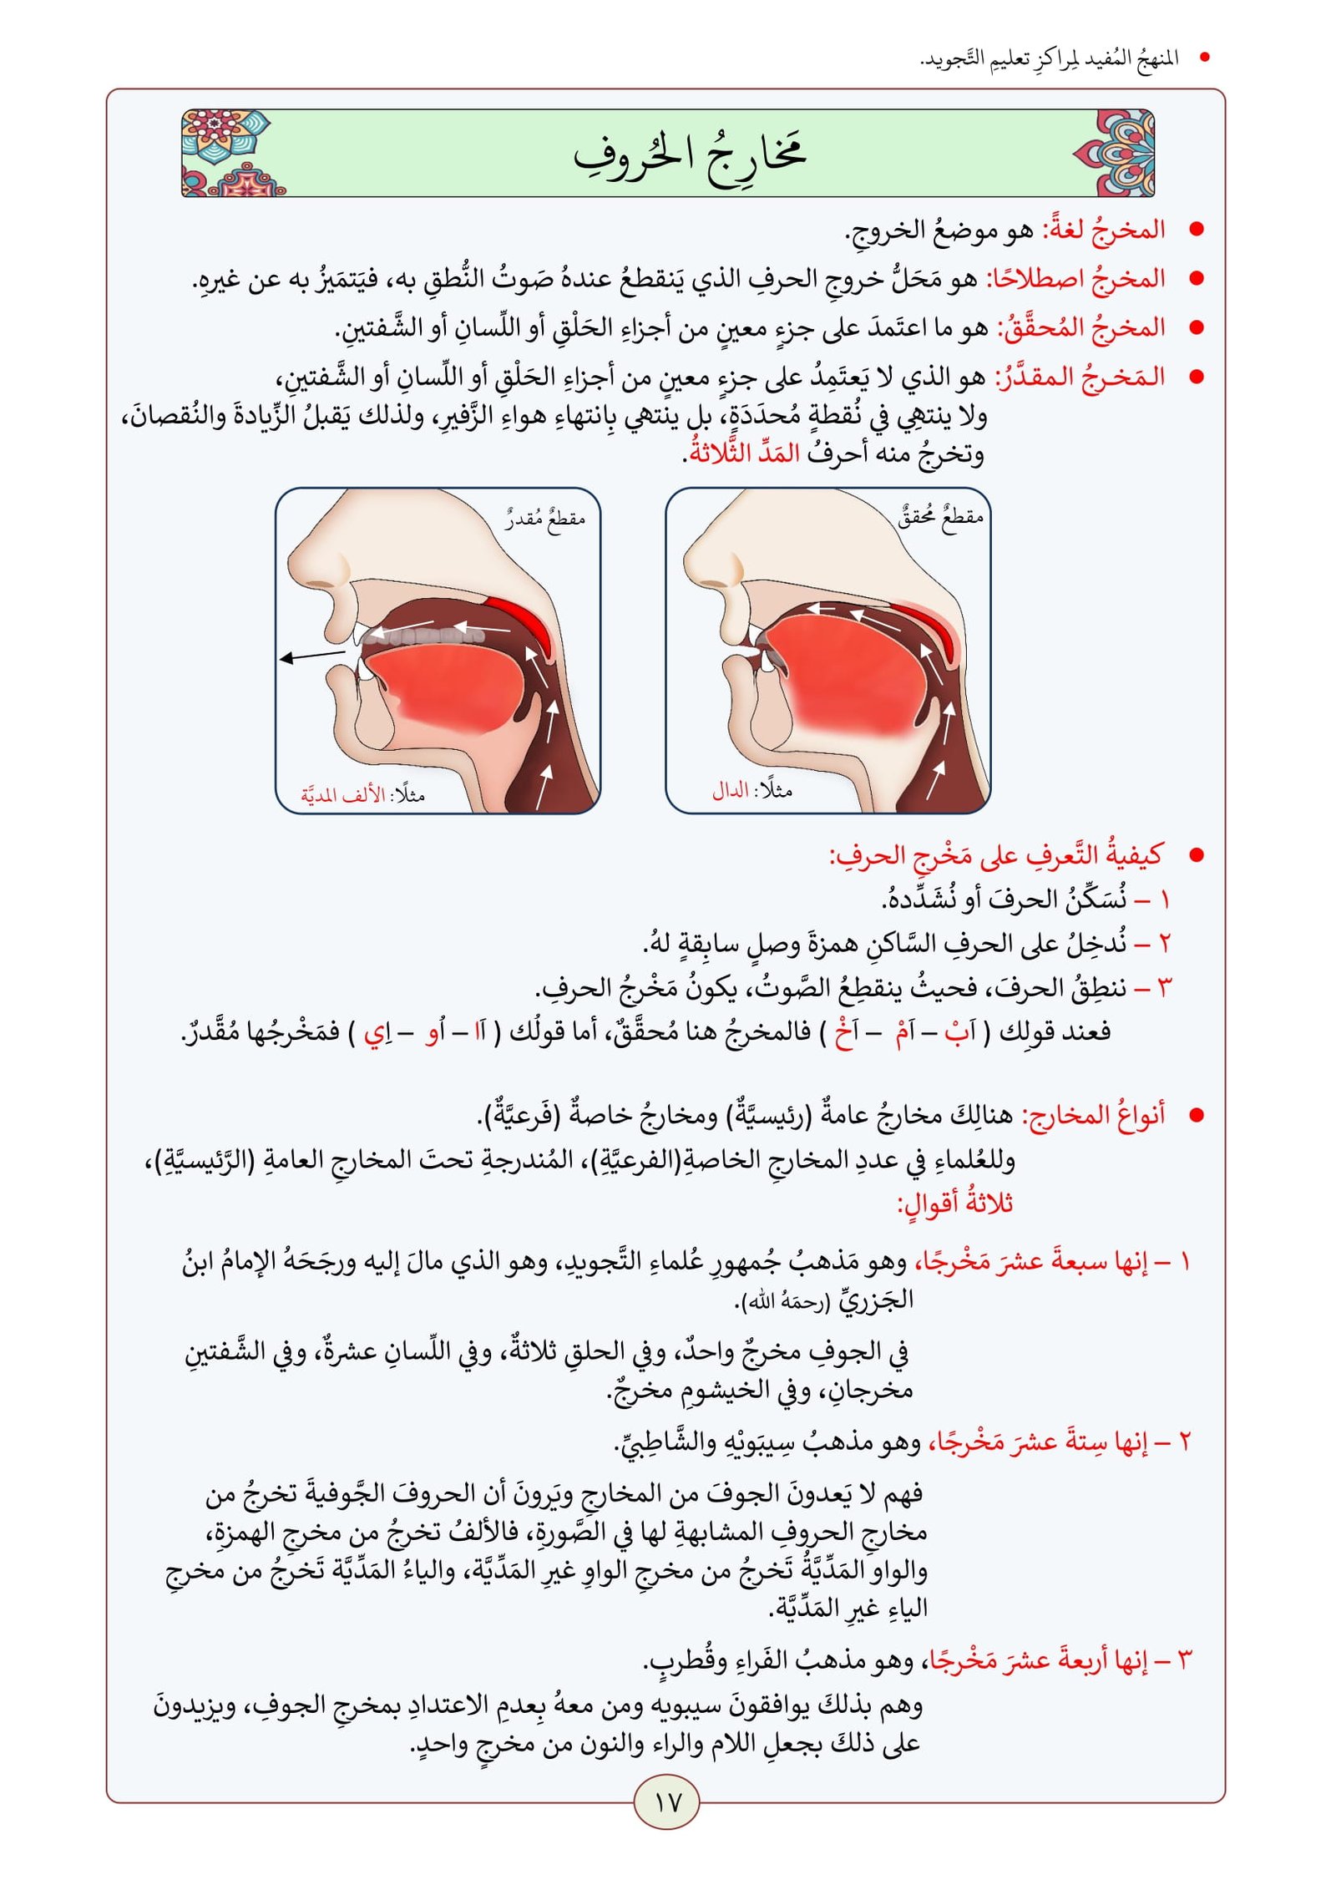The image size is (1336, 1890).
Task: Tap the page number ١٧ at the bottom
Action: click(x=667, y=1801)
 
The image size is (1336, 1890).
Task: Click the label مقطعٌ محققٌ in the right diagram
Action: click(x=941, y=517)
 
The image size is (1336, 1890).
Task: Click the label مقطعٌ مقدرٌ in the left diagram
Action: click(x=544, y=519)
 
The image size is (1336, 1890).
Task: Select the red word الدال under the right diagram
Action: click(x=731, y=790)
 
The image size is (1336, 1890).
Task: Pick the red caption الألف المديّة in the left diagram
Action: click(x=343, y=794)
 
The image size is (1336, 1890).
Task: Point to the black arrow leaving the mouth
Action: click(x=311, y=656)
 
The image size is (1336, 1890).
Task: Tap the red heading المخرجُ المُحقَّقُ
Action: click(x=1082, y=327)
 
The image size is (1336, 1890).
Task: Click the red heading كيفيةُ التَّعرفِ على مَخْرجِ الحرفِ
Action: click(x=995, y=855)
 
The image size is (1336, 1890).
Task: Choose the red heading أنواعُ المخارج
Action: click(x=1094, y=1115)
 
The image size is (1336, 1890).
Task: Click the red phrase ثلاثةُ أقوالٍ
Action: click(x=955, y=1203)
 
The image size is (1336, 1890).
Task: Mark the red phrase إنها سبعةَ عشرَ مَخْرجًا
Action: click(x=1032, y=1262)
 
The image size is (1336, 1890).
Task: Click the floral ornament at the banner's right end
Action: click(x=1115, y=154)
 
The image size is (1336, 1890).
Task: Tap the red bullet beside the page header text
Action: click(x=1204, y=58)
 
